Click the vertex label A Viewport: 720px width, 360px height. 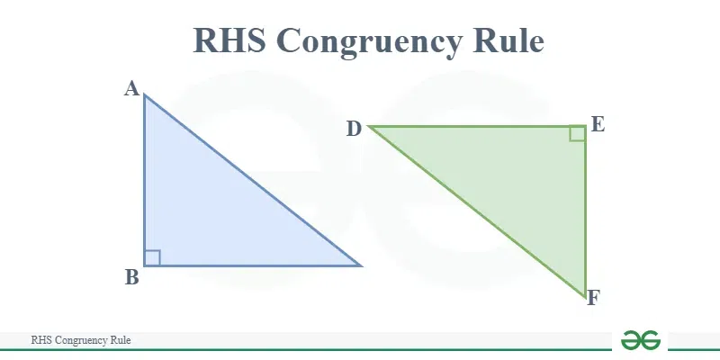point(131,88)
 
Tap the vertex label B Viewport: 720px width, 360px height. point(131,277)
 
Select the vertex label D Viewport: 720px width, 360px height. point(354,130)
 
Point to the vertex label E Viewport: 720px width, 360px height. point(598,124)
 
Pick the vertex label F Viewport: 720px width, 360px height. point(593,298)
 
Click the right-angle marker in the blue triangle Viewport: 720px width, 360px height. point(152,257)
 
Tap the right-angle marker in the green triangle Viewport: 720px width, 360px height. point(577,133)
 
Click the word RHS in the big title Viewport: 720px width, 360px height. point(229,40)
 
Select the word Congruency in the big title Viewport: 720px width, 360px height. point(370,42)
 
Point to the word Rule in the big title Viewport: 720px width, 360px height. point(509,40)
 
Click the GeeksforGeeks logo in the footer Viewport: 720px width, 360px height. point(641,340)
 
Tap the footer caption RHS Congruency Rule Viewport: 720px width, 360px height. point(81,340)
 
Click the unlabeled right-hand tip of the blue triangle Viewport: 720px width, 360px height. point(361,265)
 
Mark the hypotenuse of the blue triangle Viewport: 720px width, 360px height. point(253,179)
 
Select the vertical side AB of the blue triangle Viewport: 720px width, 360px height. point(144,179)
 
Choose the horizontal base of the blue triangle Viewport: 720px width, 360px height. point(253,265)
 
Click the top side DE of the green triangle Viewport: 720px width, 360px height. point(477,126)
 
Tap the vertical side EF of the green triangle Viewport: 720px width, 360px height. point(586,211)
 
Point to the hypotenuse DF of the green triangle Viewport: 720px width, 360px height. point(477,211)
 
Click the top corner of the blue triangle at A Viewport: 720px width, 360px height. point(144,94)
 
